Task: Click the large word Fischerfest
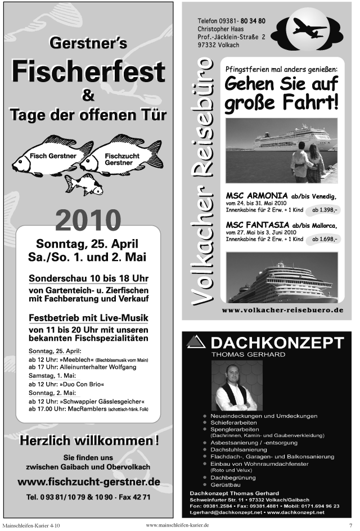[88, 72]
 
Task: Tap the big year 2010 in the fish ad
[88, 221]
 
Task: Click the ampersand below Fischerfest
[88, 96]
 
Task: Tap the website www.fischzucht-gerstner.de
[88, 482]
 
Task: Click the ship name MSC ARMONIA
[253, 195]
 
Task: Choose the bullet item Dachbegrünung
[232, 477]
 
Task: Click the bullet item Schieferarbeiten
[233, 422]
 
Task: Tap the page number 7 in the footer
[350, 525]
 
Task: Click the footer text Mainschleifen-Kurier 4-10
[31, 525]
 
